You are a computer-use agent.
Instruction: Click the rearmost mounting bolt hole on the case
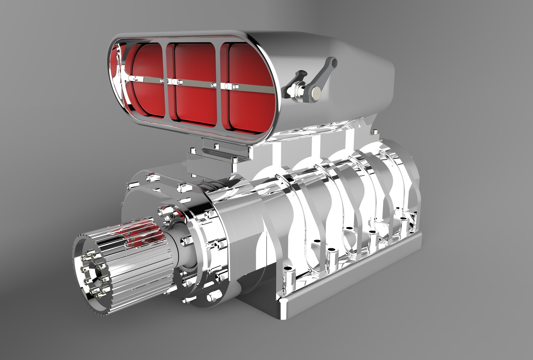coord(404,219)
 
